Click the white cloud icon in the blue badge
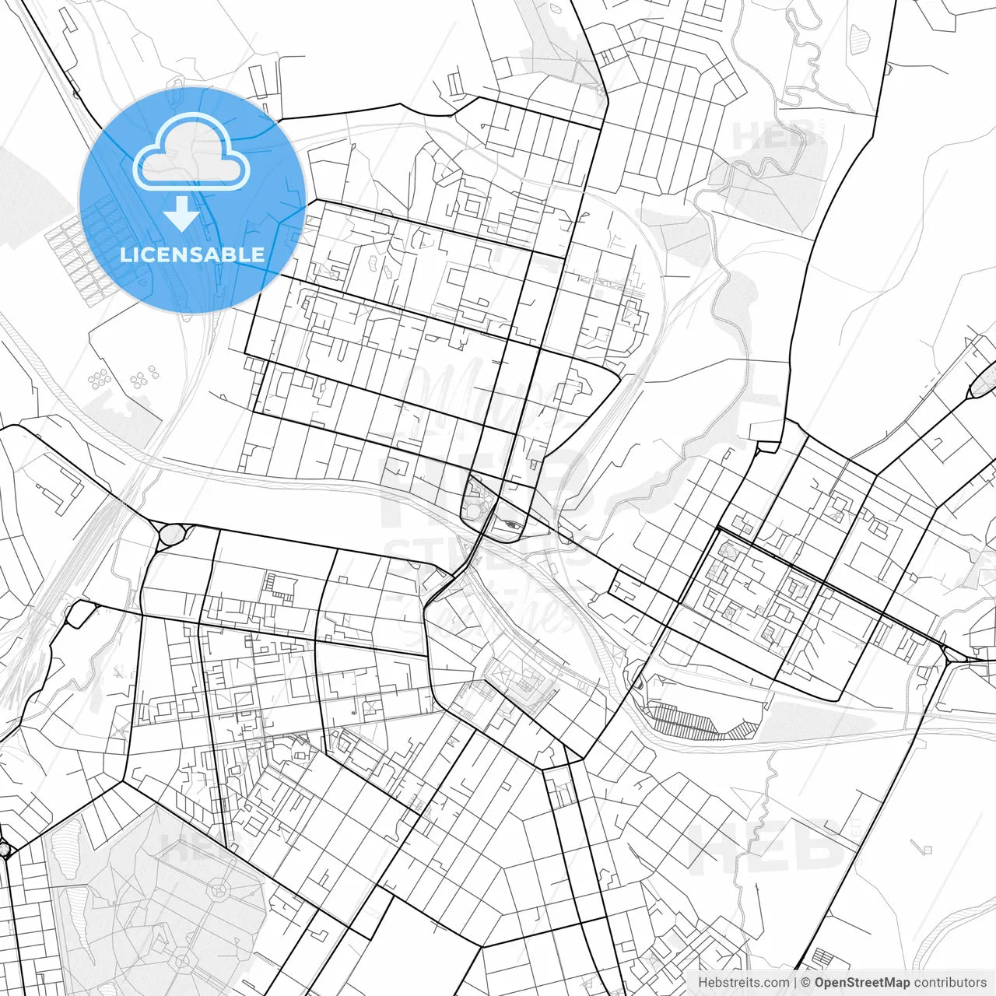[x=191, y=153]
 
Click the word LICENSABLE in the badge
[x=192, y=254]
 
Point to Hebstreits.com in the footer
[x=743, y=983]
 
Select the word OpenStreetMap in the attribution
[x=862, y=983]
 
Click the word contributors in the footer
[x=950, y=983]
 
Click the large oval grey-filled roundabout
[x=173, y=535]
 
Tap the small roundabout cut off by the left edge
[x=3, y=849]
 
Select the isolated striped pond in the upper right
[x=860, y=35]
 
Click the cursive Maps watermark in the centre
[x=482, y=405]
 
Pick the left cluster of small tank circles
[x=100, y=380]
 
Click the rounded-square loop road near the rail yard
[x=79, y=614]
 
